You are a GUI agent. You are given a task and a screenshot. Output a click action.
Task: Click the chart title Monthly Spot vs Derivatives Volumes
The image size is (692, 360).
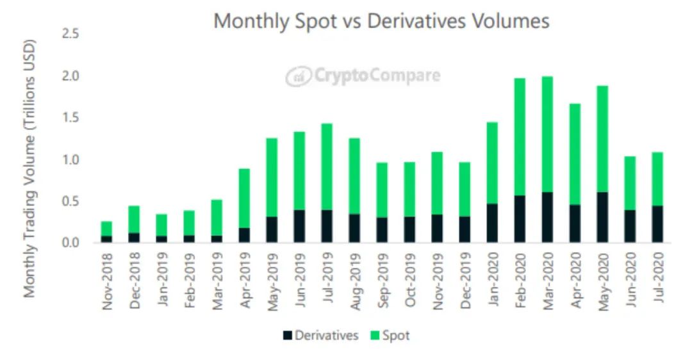click(x=381, y=21)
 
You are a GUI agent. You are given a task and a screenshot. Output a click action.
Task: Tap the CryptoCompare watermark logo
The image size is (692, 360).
click(x=363, y=76)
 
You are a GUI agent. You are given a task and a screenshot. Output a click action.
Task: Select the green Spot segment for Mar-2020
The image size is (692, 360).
click(x=547, y=135)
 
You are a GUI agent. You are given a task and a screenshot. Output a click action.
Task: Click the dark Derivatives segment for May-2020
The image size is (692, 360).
click(x=602, y=217)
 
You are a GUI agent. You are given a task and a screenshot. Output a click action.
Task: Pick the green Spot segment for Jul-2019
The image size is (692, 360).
click(x=327, y=167)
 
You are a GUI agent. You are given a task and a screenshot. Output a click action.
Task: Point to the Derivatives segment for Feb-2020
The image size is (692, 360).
click(x=520, y=219)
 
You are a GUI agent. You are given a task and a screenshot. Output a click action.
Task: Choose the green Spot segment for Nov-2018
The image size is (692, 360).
click(x=106, y=229)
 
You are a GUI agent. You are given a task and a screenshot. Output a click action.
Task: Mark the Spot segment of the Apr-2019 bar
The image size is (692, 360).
click(x=244, y=199)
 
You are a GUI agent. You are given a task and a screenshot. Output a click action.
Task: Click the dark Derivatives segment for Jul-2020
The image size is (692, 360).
click(x=657, y=224)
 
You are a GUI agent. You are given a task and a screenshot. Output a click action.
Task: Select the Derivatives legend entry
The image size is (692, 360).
click(x=320, y=336)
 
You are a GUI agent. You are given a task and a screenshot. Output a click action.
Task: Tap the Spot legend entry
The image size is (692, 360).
click(x=390, y=336)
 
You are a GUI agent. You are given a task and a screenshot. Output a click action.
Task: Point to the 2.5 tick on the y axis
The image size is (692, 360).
click(x=70, y=34)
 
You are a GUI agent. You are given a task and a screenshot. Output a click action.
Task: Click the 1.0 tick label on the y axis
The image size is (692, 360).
click(x=70, y=160)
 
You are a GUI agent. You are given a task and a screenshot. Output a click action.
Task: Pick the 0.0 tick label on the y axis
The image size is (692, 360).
click(x=70, y=243)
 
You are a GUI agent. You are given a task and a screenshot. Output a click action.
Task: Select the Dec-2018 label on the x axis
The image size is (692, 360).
click(x=134, y=280)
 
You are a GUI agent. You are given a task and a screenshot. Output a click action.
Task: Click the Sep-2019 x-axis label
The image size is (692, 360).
click(x=382, y=281)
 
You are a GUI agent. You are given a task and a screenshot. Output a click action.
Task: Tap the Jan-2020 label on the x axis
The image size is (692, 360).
click(x=493, y=279)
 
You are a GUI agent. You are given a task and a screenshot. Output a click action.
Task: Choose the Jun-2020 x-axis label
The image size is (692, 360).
click(x=630, y=279)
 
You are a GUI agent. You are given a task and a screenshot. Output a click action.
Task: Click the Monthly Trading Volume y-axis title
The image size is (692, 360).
click(x=29, y=169)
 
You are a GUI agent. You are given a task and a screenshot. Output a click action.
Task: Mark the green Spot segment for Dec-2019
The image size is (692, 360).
click(x=465, y=190)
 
